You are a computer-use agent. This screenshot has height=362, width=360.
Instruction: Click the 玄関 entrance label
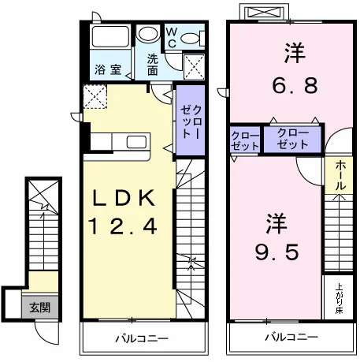(x=39, y=307)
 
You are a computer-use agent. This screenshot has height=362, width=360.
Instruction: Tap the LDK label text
(x=124, y=198)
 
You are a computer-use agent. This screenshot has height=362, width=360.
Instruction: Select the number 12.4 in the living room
(x=123, y=227)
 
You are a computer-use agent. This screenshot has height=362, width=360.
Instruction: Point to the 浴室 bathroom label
(x=108, y=69)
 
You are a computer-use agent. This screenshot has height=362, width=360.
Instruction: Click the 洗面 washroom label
(x=153, y=65)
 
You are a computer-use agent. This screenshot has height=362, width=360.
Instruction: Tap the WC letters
(x=172, y=38)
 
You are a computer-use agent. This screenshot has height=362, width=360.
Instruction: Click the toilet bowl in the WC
(x=191, y=39)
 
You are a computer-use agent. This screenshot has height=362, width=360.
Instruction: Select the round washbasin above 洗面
(x=149, y=33)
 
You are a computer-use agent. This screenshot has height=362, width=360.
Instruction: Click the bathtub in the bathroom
(x=110, y=36)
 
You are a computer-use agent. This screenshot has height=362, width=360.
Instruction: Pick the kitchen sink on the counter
(x=136, y=142)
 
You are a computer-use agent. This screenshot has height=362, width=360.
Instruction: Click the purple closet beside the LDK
(x=191, y=120)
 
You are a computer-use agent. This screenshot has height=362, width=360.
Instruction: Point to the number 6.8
(x=295, y=86)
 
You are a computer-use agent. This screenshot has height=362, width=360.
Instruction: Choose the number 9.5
(x=277, y=252)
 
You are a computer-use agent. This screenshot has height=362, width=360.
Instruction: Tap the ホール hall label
(x=340, y=175)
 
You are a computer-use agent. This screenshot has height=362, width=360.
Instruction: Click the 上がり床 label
(x=339, y=298)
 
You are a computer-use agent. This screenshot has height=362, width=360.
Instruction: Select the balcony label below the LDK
(x=142, y=338)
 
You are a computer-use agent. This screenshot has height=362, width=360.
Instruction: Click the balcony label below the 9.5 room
(x=291, y=337)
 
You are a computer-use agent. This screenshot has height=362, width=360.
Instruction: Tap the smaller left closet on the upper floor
(x=245, y=140)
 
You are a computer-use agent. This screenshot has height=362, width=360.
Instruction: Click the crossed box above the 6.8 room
(x=264, y=13)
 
